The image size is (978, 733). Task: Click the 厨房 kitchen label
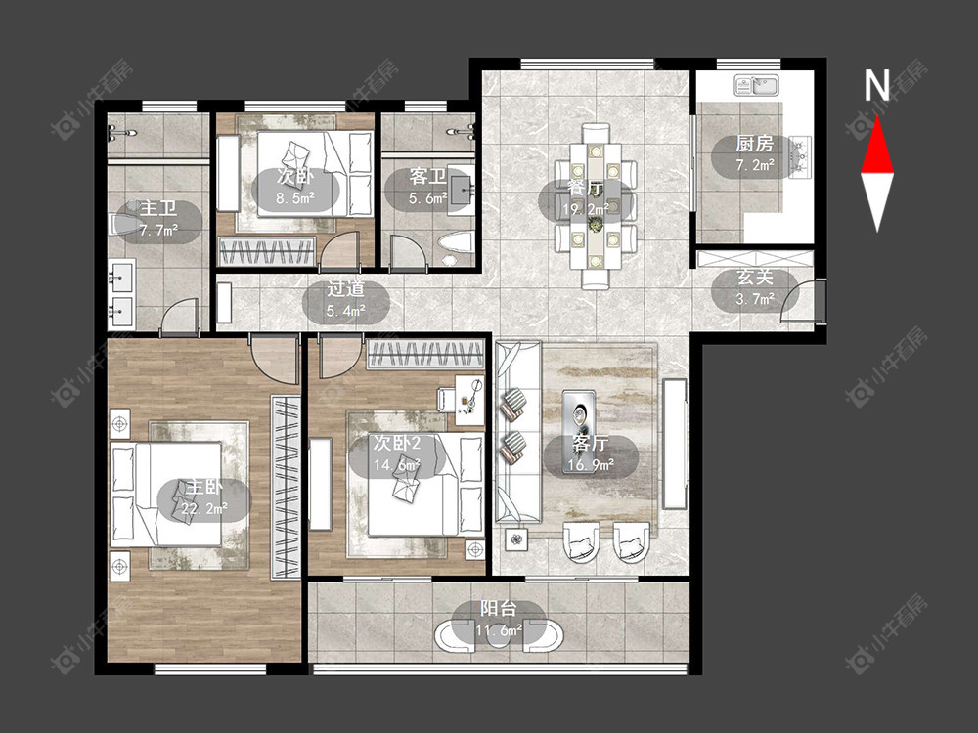coord(755,144)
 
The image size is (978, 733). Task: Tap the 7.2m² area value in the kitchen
coord(755,165)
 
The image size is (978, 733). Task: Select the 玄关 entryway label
coord(755,278)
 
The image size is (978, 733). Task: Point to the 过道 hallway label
coord(346,288)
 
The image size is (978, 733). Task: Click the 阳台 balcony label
coord(499,608)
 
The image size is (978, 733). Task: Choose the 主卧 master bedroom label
coord(204,488)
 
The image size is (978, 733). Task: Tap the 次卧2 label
coord(397,444)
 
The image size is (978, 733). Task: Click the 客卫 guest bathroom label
coord(428,177)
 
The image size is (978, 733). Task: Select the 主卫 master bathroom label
coord(157,208)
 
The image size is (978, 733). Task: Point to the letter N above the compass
coord(876,85)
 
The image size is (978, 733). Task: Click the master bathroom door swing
coord(180,317)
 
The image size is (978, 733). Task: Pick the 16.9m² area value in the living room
coord(591,464)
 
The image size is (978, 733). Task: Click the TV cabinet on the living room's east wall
coord(674,444)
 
